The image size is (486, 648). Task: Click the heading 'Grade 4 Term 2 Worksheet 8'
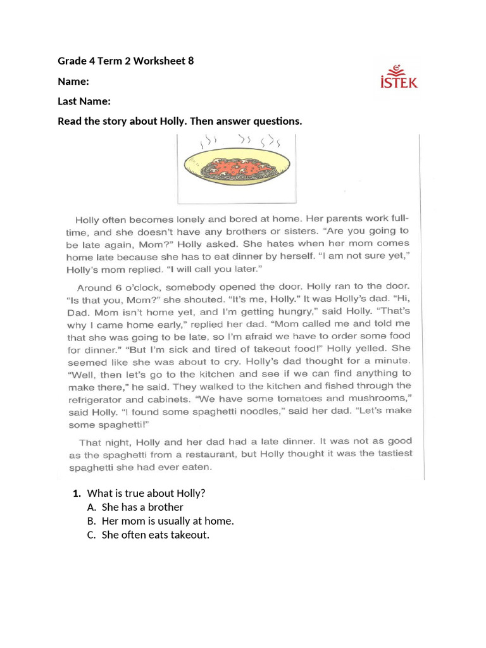tap(126, 61)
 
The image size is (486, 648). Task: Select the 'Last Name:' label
tap(84, 101)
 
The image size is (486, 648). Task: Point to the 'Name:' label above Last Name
tap(73, 81)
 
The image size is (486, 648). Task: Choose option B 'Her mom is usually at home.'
tap(168, 521)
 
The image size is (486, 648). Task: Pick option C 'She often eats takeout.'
tap(155, 535)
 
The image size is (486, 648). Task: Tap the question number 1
tap(76, 493)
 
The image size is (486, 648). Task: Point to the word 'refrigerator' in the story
tap(96, 400)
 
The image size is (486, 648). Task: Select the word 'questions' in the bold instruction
tap(275, 121)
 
